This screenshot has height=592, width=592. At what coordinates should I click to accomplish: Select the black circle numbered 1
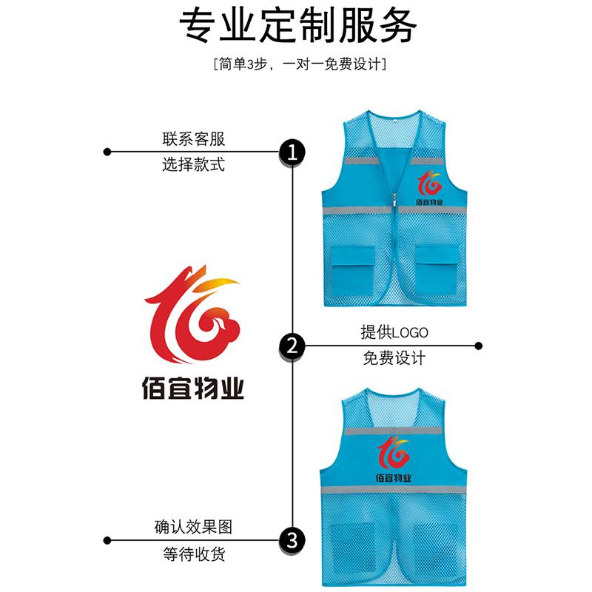(x=292, y=152)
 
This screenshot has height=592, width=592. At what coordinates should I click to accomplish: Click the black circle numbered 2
(x=292, y=345)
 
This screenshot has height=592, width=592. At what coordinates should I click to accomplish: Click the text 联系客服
(x=193, y=139)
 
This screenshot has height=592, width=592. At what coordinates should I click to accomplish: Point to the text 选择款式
(x=193, y=166)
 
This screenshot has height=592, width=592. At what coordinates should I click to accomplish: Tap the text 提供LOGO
(x=394, y=332)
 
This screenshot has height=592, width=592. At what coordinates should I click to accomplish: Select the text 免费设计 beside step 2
(x=394, y=359)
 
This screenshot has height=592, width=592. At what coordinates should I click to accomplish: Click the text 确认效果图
(x=193, y=527)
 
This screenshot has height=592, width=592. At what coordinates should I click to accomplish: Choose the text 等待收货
(x=193, y=554)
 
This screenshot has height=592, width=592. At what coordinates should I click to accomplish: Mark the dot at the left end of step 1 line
(x=107, y=152)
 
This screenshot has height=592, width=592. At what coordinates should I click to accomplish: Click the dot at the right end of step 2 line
(x=479, y=345)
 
